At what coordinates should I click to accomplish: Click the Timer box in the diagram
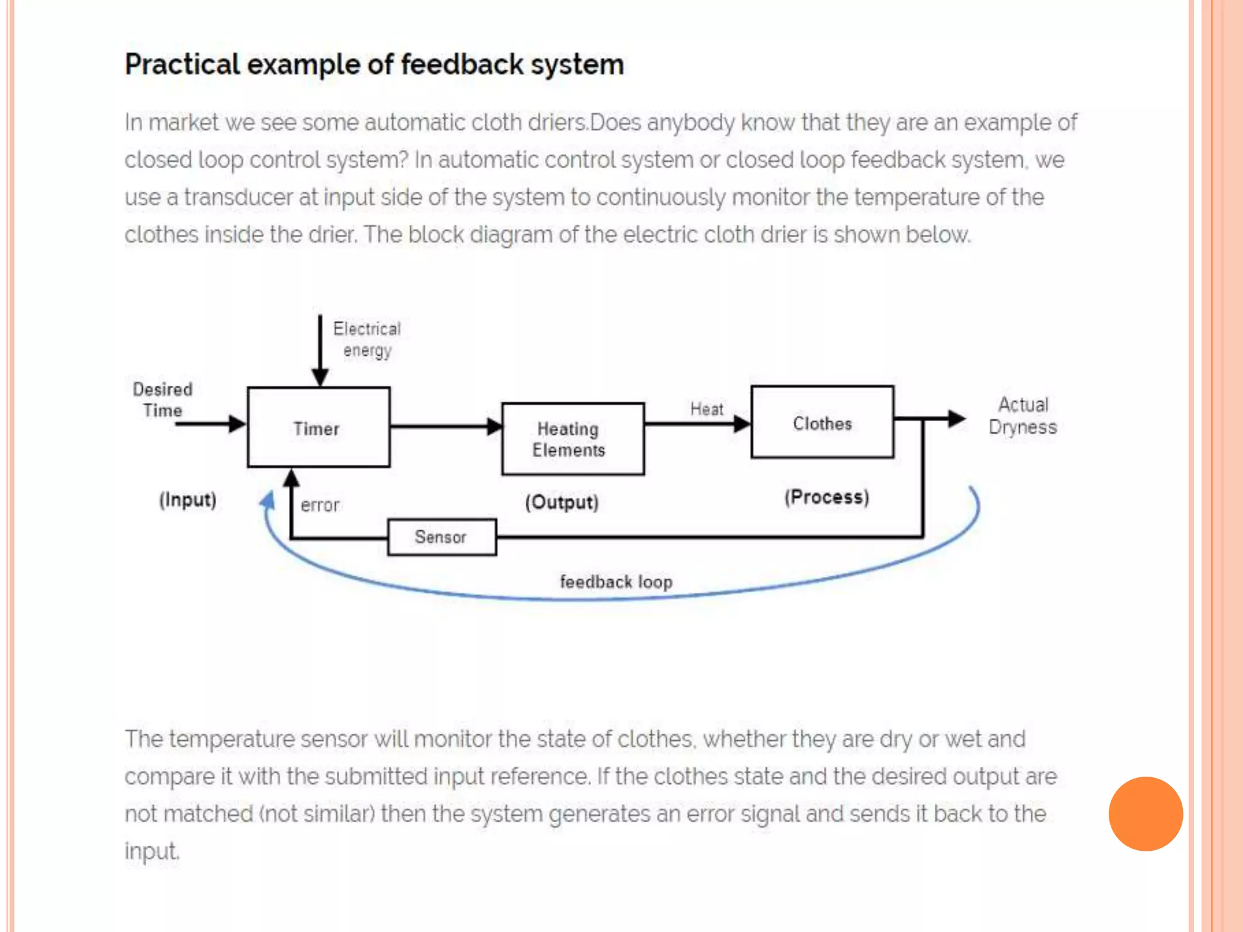point(318,428)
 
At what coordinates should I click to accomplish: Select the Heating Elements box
point(572,439)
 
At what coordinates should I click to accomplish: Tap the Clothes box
point(822,423)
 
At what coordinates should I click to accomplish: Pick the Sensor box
point(441,537)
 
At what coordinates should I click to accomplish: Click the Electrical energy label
point(367,339)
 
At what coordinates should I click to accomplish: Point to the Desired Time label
point(162,399)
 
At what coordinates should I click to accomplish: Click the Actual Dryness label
point(1023,416)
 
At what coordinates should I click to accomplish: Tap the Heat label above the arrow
point(706,409)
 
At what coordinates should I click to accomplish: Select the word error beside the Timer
point(320,505)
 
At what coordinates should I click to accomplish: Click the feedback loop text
point(615,582)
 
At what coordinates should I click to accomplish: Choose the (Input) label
point(188,500)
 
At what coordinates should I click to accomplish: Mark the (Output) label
point(561,502)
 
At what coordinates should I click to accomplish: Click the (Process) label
point(826,497)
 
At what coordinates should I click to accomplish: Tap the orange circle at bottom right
point(1145,814)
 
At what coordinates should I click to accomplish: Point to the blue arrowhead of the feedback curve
point(268,501)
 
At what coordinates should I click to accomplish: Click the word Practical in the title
point(182,64)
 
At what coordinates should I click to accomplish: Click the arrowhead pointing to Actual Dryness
point(956,418)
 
